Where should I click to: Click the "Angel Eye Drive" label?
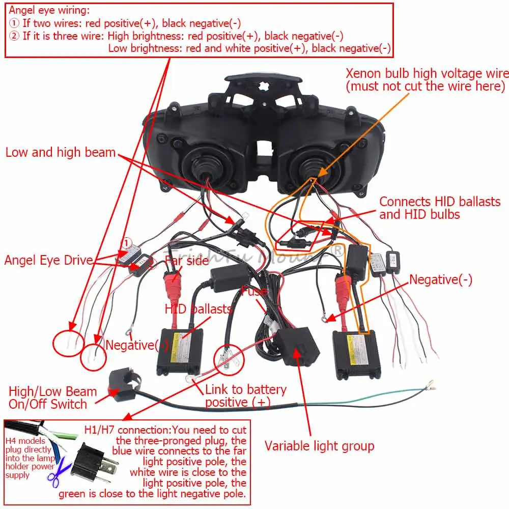49,261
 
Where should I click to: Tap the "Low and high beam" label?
61,152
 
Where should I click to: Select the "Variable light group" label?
319,446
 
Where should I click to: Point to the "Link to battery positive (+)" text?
245,395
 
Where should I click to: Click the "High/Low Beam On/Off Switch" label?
52,398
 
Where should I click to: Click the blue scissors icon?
60,473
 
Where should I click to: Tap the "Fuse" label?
254,292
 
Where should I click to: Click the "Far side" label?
187,261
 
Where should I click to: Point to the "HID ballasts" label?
198,309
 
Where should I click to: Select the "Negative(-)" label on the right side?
441,279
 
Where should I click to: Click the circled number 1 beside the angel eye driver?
126,242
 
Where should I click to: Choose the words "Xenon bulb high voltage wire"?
427,73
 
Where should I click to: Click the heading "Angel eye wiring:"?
49,10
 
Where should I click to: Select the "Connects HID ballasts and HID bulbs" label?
440,208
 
